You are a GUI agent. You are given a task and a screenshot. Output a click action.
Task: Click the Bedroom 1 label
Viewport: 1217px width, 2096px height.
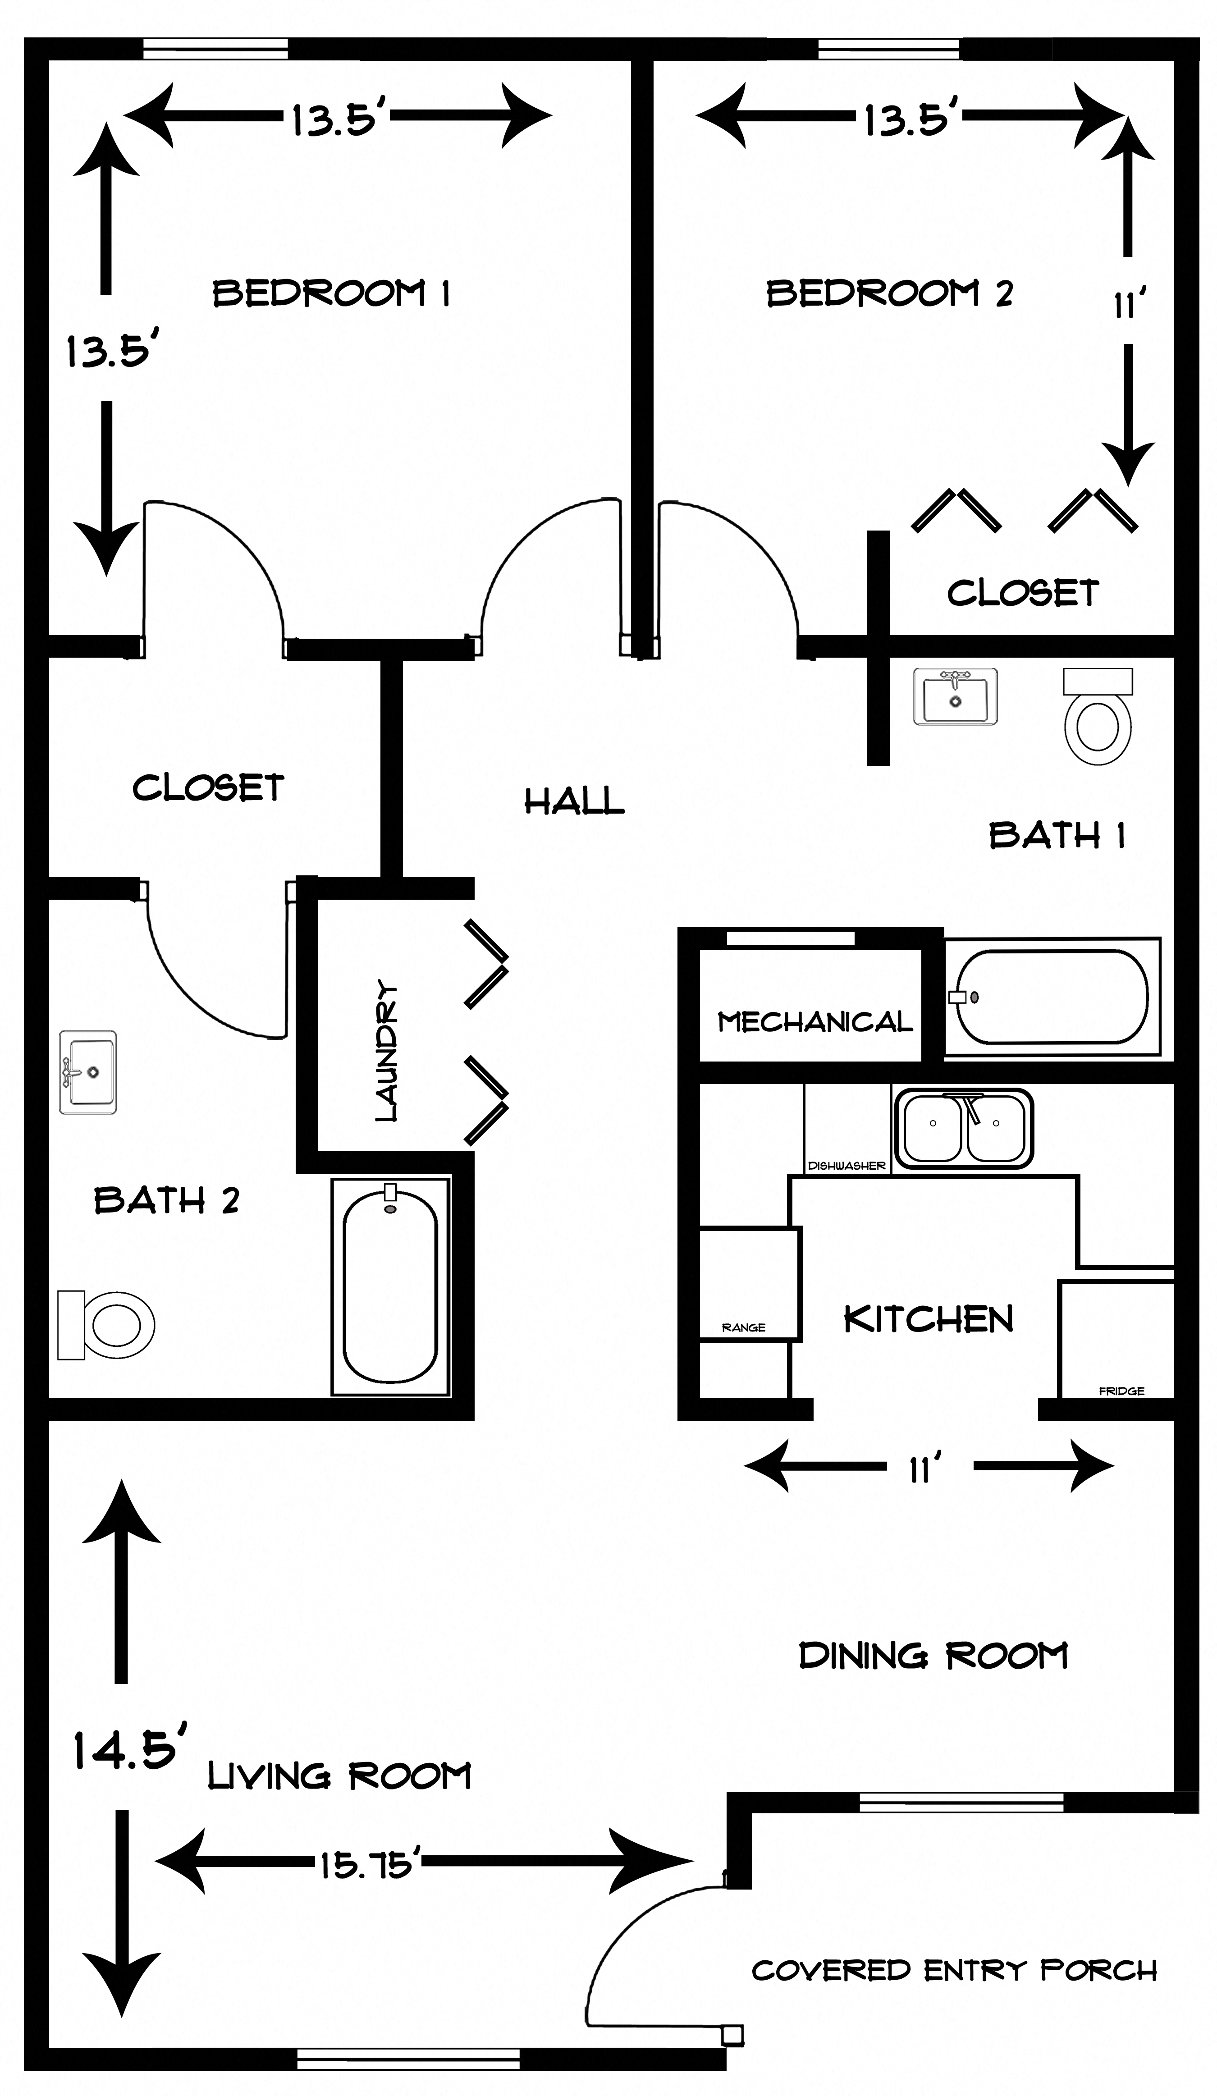(331, 293)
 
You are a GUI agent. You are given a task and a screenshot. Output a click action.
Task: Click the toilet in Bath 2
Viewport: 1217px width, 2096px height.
(105, 1325)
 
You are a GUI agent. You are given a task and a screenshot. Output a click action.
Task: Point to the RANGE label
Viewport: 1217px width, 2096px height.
(743, 1327)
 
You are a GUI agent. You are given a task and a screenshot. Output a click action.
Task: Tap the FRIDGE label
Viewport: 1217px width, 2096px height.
(1121, 1391)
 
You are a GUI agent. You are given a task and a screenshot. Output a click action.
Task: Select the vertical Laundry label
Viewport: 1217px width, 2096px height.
(387, 1051)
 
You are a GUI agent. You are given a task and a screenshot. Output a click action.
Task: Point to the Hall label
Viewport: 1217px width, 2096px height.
(574, 801)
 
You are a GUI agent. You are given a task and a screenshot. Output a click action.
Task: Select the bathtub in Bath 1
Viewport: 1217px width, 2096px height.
(1052, 997)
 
